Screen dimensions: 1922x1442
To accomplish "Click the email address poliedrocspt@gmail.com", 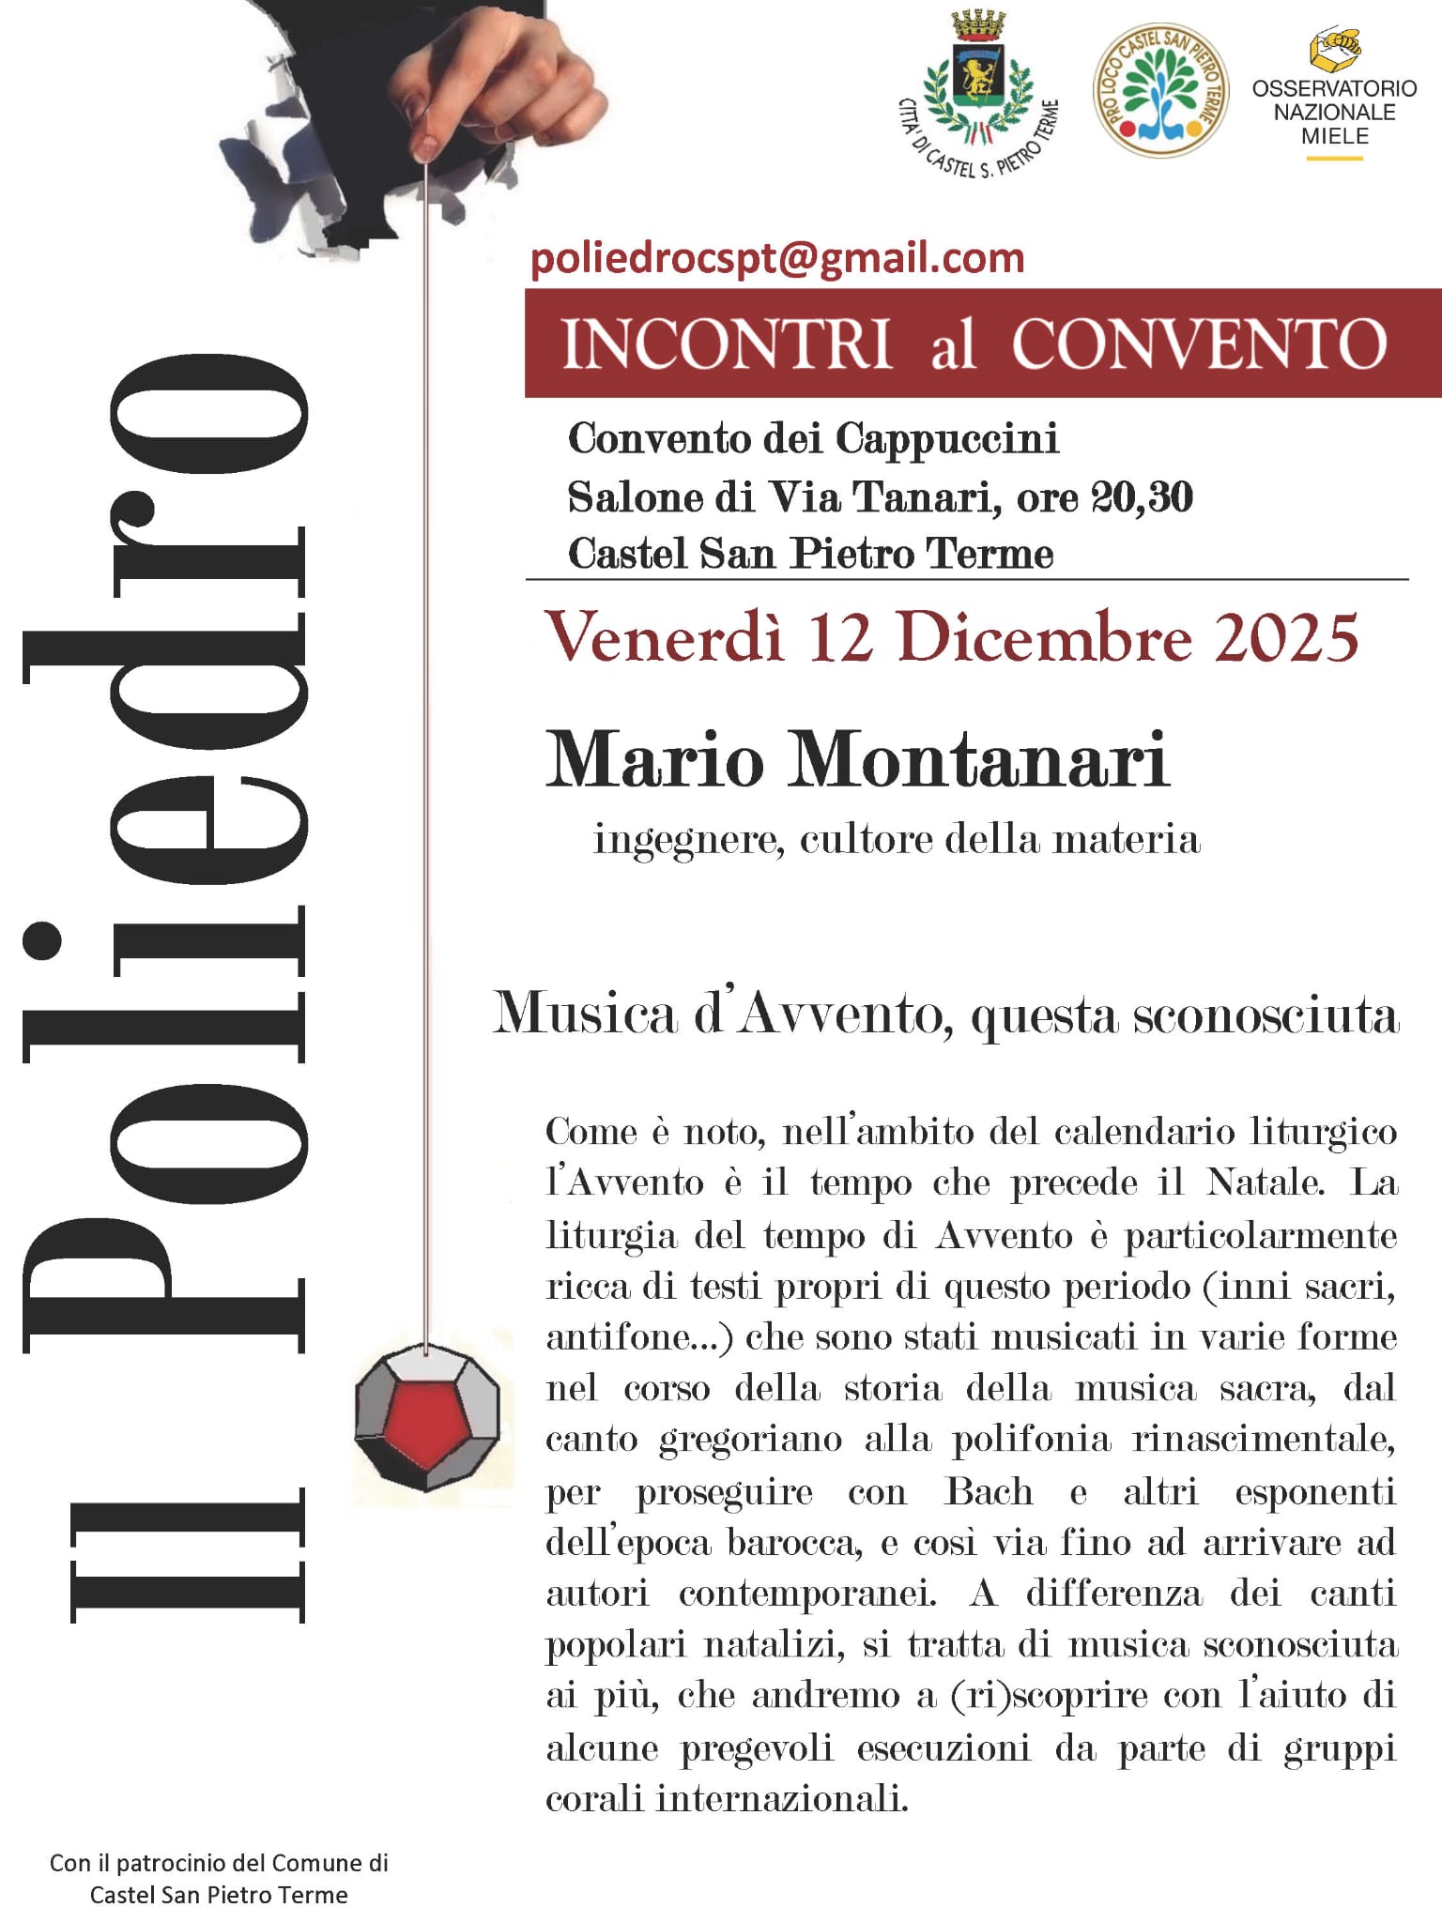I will tap(776, 259).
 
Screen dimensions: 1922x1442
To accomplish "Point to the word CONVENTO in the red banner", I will tap(1199, 344).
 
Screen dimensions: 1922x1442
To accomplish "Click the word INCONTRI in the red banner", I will tap(727, 344).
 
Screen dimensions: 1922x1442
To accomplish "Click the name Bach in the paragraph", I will tap(989, 1491).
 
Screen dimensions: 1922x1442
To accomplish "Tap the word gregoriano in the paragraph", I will tap(750, 1440).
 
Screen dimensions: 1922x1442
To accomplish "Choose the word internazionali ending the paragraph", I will tap(781, 1798).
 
